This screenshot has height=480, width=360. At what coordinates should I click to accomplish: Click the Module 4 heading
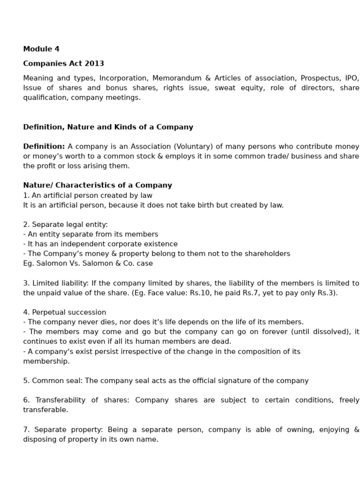(41, 49)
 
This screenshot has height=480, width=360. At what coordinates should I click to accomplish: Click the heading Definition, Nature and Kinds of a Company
(108, 127)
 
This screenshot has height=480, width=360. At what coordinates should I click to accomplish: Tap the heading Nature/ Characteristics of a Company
(97, 185)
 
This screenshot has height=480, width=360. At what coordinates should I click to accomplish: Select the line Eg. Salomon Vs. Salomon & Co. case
(88, 263)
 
